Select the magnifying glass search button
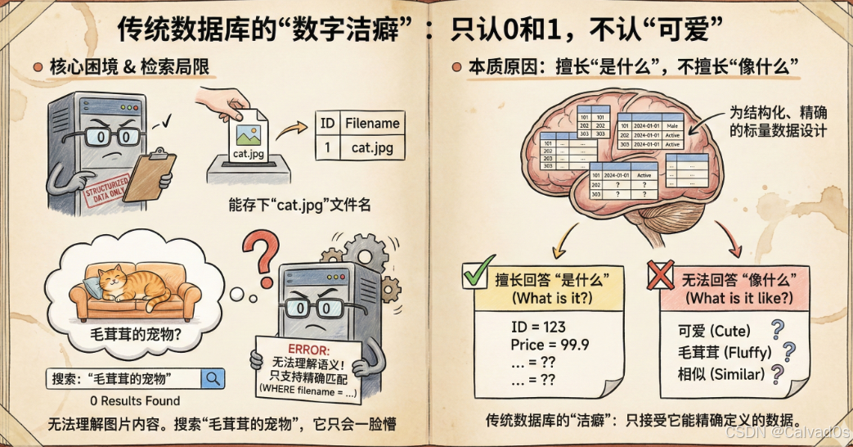213,378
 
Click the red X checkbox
661,276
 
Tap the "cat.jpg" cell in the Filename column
372,148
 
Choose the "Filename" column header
372,124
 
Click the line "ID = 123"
537,327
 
